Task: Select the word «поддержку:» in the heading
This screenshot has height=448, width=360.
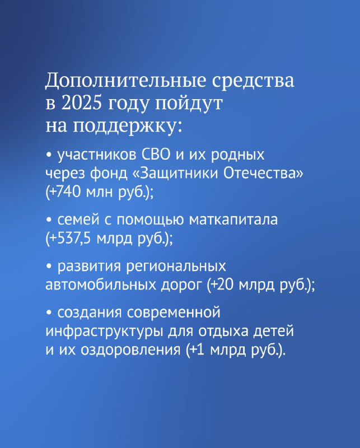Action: click(127, 126)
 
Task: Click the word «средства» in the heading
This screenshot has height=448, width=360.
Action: click(253, 81)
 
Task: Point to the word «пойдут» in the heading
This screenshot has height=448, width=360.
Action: click(189, 104)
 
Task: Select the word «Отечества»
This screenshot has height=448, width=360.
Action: click(263, 174)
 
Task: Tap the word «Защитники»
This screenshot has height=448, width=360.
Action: click(176, 174)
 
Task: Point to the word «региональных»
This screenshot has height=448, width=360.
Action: click(176, 267)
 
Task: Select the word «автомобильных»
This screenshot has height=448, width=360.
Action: click(101, 284)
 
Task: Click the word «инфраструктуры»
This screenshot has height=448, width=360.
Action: click(105, 332)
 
